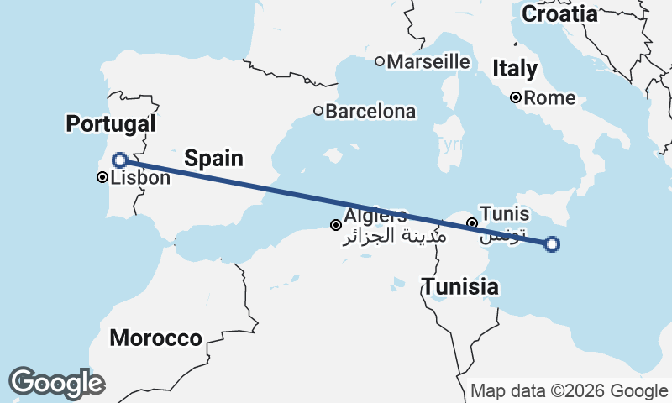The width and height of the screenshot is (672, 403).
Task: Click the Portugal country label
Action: pos(111,124)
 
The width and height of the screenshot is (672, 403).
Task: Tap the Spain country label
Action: pos(213,158)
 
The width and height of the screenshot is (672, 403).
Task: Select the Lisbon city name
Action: pos(140,178)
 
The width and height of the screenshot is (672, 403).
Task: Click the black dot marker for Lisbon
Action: pos(102,177)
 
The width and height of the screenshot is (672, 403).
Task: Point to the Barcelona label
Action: pos(370,111)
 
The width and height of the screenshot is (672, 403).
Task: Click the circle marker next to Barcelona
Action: pos(318,111)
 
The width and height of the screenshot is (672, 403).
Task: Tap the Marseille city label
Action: pos(428,61)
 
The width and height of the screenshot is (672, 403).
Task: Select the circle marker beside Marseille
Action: pos(380,61)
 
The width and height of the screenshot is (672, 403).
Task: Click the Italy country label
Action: pos(515,69)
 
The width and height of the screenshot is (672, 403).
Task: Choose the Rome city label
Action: pos(549,98)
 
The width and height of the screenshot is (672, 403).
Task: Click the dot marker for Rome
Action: pos(516,98)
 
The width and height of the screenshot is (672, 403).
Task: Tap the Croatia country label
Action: pos(559,14)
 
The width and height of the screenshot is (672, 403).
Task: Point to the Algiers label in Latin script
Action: pos(375,216)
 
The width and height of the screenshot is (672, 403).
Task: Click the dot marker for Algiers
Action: pos(336,224)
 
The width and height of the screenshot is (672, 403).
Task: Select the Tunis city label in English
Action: pos(504,214)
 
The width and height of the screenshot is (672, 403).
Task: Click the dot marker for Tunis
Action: pos(472,223)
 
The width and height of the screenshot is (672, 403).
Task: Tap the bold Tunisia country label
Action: pos(459,287)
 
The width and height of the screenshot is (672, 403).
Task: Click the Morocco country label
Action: pos(156,338)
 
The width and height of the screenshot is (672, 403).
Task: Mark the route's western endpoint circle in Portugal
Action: pos(120,160)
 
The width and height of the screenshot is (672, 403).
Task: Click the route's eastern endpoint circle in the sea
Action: pos(552,244)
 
